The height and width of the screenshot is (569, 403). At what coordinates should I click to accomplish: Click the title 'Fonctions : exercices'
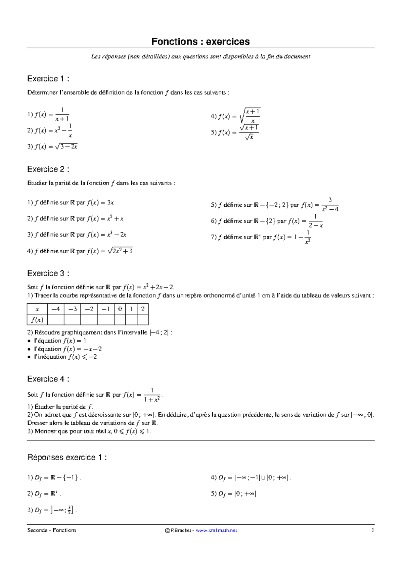pyautogui.click(x=200, y=42)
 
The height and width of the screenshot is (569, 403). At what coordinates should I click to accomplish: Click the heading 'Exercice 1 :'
pyautogui.click(x=48, y=79)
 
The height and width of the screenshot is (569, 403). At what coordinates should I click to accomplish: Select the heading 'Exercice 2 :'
pyautogui.click(x=48, y=169)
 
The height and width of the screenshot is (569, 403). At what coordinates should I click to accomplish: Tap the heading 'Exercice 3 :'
pyautogui.click(x=48, y=273)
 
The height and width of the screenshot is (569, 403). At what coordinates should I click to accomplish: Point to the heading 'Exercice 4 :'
pyautogui.click(x=48, y=379)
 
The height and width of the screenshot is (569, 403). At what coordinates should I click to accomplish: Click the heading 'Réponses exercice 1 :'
pyautogui.click(x=67, y=458)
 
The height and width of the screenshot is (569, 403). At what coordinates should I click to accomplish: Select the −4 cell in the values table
pyautogui.click(x=55, y=309)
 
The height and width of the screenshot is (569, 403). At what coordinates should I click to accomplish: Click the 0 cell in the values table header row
pyautogui.click(x=120, y=309)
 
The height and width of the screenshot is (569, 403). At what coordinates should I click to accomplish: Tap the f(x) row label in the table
pyautogui.click(x=37, y=320)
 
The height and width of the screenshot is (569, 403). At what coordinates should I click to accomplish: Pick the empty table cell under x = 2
pyautogui.click(x=143, y=320)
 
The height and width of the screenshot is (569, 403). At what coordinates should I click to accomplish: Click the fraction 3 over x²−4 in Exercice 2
pyautogui.click(x=330, y=205)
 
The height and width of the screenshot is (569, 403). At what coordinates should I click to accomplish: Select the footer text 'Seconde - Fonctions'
pyautogui.click(x=52, y=530)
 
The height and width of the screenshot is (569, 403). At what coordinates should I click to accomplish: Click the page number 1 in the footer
pyautogui.click(x=372, y=530)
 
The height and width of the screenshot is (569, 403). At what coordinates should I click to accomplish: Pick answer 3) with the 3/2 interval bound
pyautogui.click(x=54, y=510)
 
